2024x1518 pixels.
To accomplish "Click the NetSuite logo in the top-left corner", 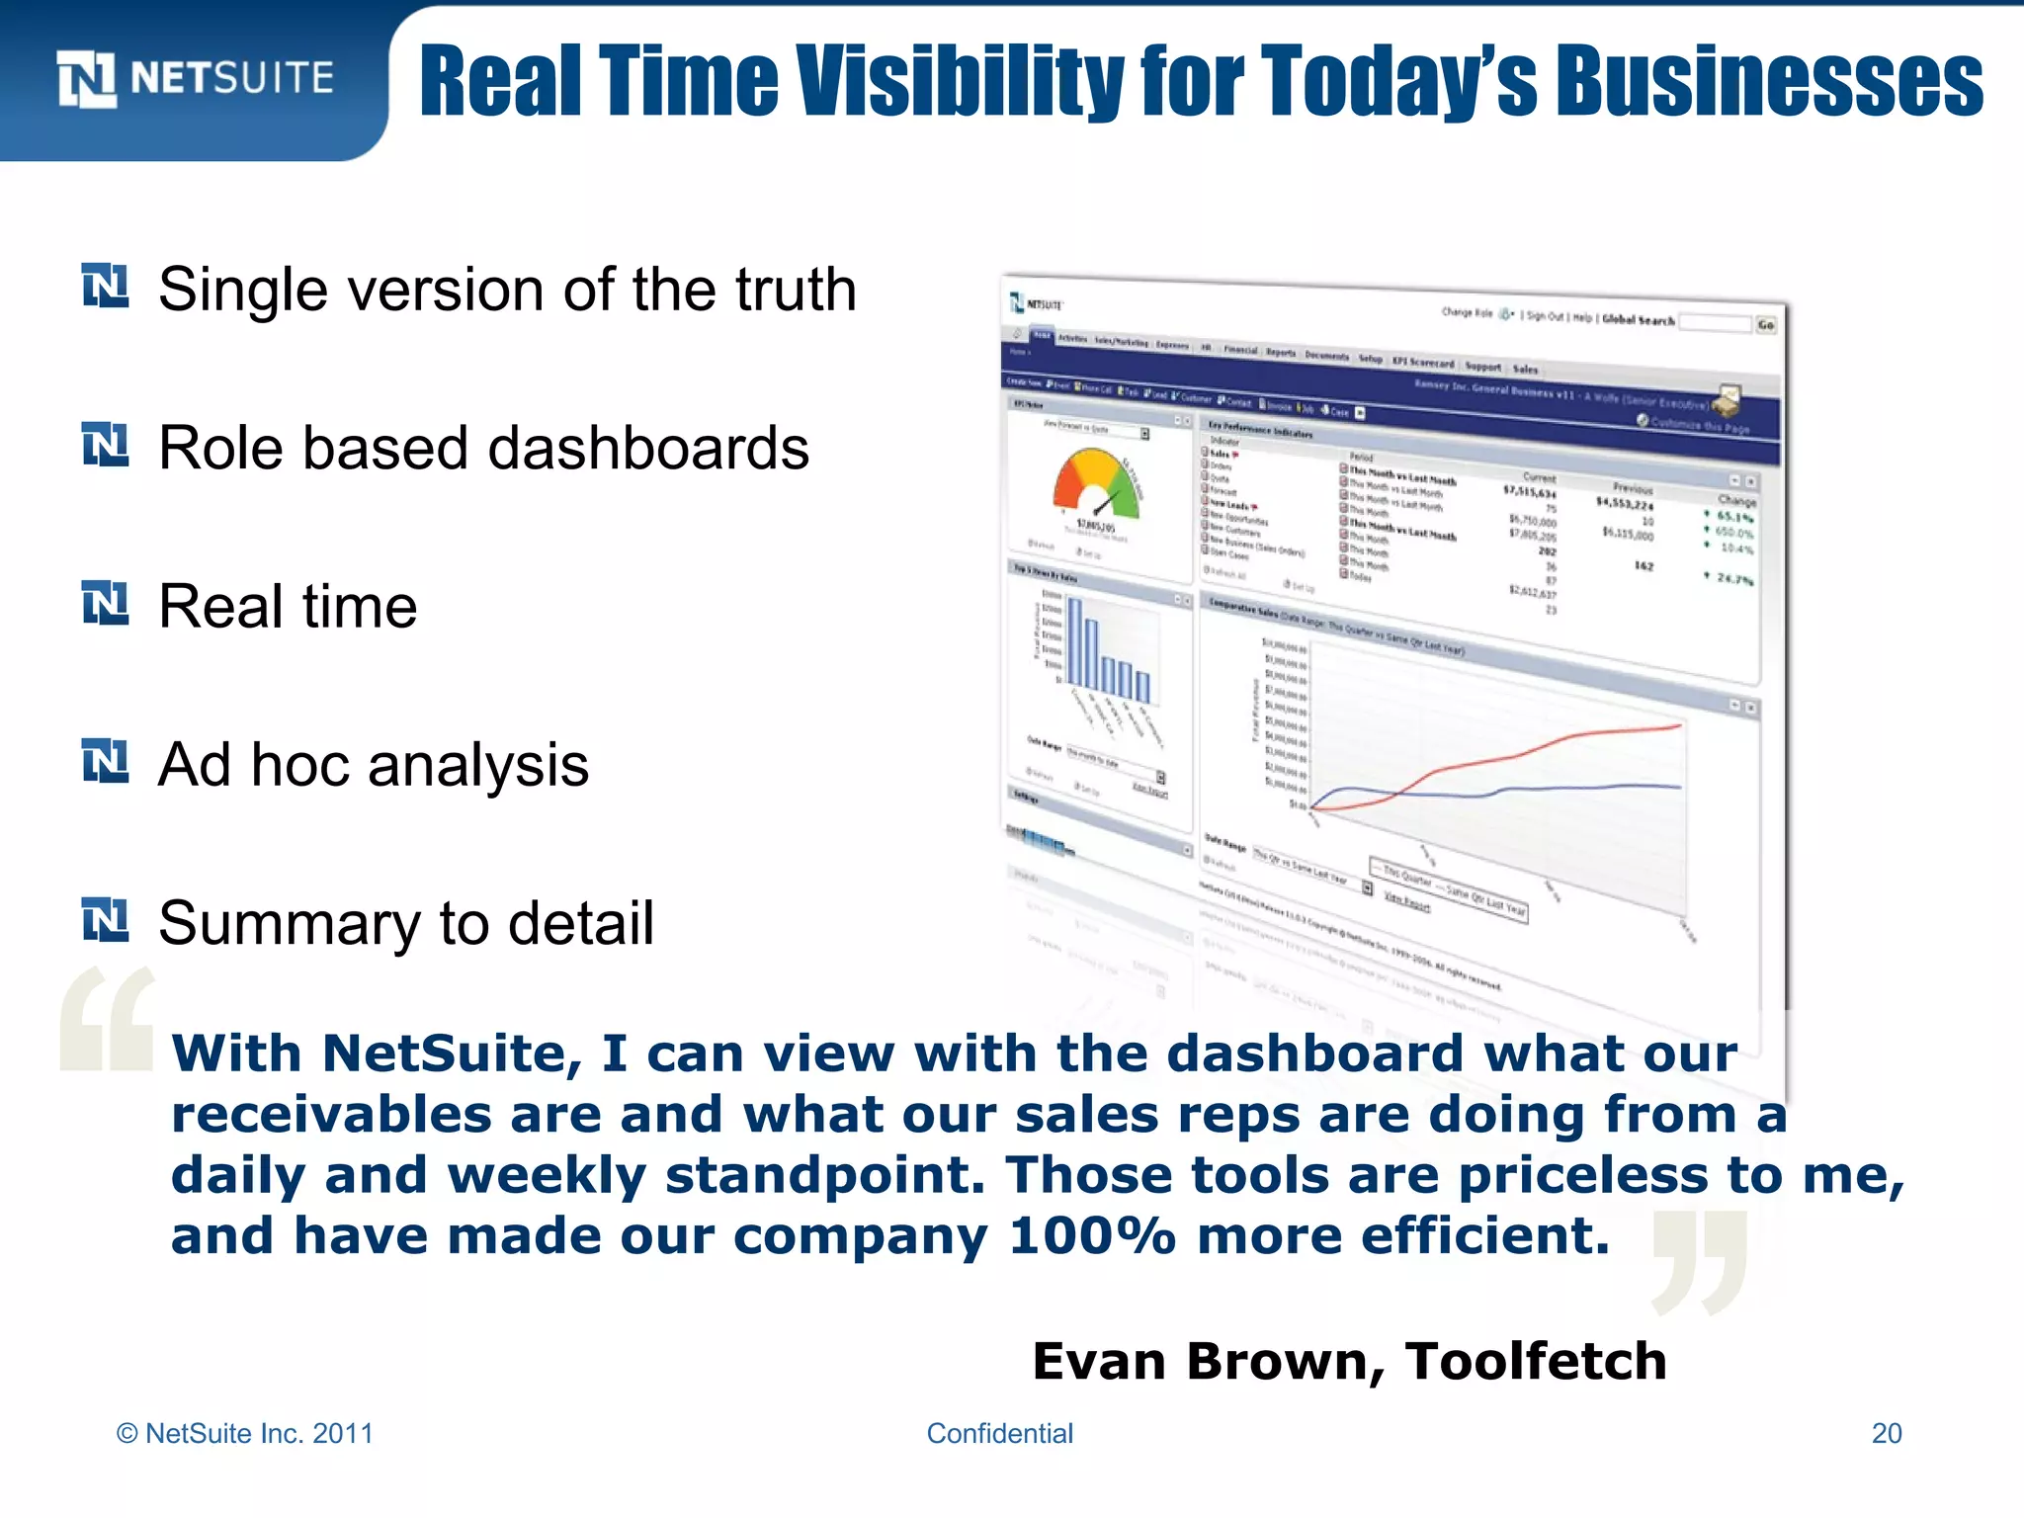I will click(x=195, y=78).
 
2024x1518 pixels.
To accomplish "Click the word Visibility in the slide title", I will click(x=959, y=81).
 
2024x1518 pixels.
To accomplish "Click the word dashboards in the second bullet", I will click(x=648, y=448).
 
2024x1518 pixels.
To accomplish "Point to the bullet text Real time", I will click(x=288, y=606).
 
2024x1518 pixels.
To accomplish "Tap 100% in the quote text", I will click(x=1092, y=1235).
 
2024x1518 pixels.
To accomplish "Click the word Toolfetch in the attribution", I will click(x=1536, y=1361).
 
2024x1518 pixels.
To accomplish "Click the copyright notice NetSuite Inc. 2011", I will click(x=245, y=1433).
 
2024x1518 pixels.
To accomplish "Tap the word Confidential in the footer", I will click(x=999, y=1433).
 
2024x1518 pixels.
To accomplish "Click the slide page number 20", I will click(x=1886, y=1433).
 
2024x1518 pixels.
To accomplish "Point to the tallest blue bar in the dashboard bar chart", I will click(x=1075, y=642).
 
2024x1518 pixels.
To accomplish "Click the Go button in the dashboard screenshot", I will click(x=1765, y=324).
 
